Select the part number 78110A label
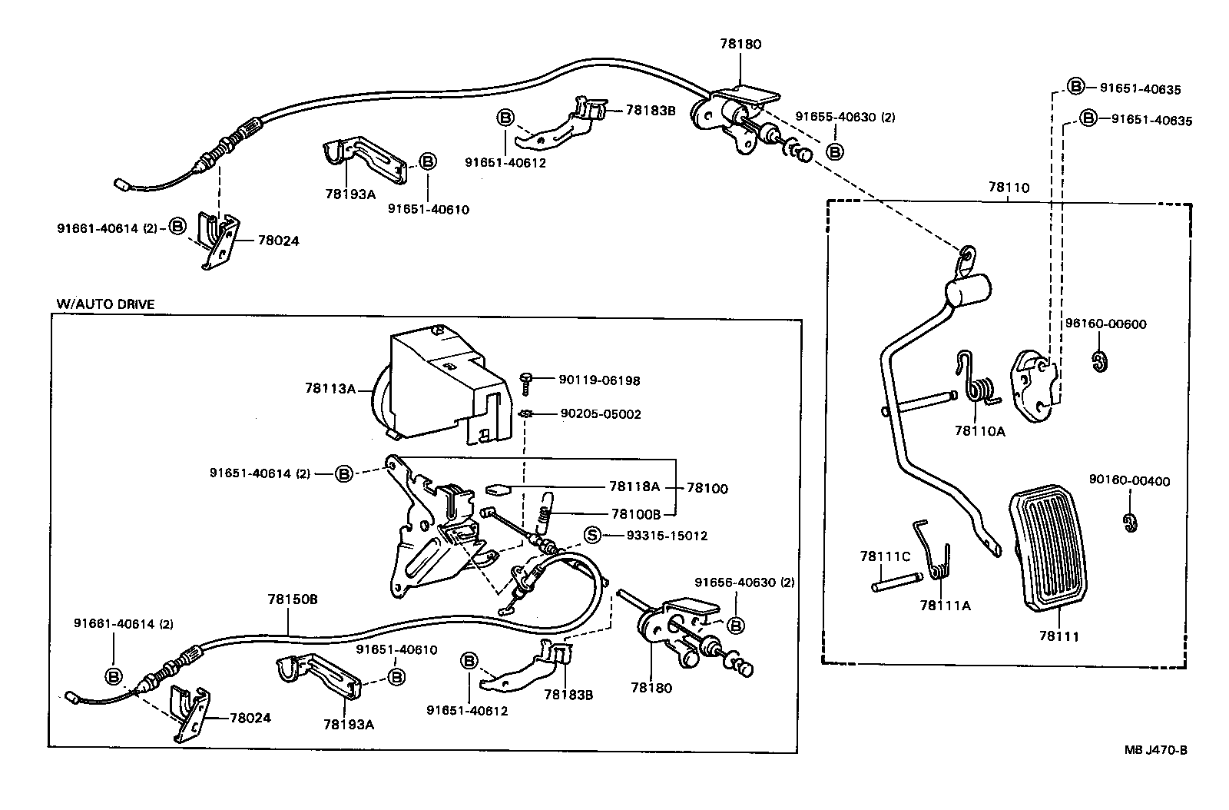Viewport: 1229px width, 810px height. point(979,431)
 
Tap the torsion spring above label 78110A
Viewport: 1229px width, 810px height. point(977,382)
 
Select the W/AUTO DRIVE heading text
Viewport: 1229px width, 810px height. point(105,304)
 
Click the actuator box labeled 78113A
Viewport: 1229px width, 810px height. point(442,384)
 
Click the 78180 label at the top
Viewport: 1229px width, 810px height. point(740,45)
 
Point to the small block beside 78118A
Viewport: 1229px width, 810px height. point(499,488)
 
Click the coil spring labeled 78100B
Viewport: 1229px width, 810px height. point(543,512)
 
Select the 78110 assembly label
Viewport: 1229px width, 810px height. point(1008,187)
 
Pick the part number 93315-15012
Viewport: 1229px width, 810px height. point(665,536)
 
